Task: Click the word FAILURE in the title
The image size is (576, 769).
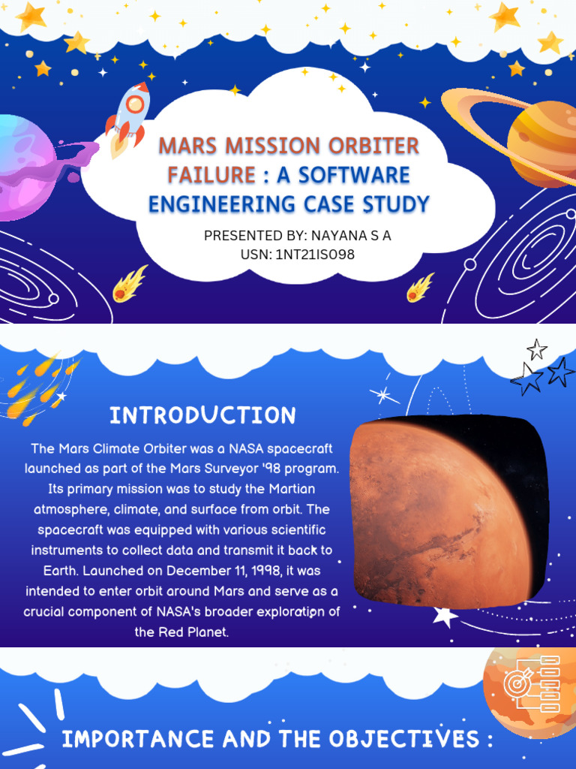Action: [x=211, y=175]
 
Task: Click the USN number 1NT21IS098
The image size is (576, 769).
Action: [x=315, y=255]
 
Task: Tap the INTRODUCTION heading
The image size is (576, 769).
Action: [x=202, y=415]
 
